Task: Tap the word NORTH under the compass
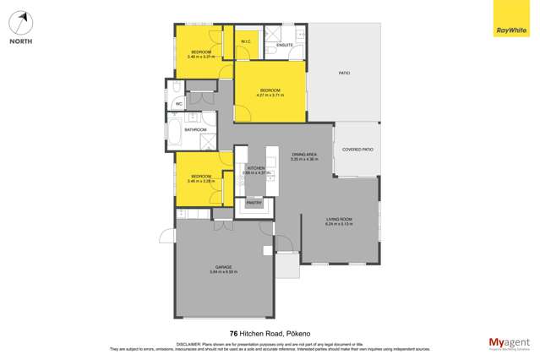(x=21, y=41)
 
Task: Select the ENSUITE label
(x=285, y=45)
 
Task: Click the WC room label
(x=179, y=104)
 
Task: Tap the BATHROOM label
(x=196, y=129)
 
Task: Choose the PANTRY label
(x=254, y=203)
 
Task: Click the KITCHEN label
(x=256, y=168)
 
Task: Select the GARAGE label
(x=223, y=267)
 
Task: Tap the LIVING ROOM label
(x=339, y=220)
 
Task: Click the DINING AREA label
(x=304, y=155)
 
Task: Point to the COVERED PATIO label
(x=357, y=150)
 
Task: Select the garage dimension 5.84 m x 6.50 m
(x=223, y=272)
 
